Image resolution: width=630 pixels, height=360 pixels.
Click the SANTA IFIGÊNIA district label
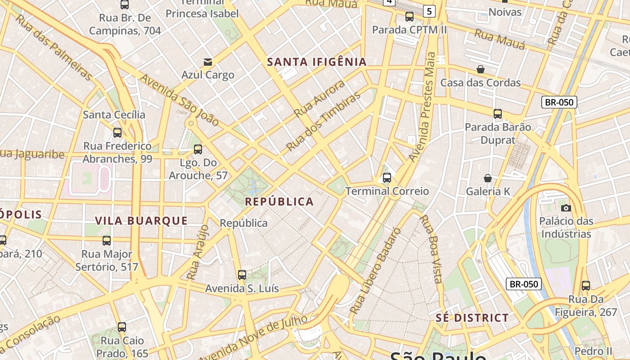(x=317, y=62)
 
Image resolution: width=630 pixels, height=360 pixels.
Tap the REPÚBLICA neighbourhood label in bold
(x=279, y=202)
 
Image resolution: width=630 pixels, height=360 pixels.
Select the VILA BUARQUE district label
(x=141, y=220)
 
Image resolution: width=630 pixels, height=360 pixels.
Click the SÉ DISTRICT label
(x=472, y=318)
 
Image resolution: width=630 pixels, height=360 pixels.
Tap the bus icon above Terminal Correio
(x=387, y=178)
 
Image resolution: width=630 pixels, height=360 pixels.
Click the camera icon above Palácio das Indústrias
(x=566, y=208)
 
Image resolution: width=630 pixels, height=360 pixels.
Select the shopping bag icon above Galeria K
(x=488, y=178)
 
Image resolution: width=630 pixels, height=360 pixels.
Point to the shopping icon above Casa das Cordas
(x=481, y=69)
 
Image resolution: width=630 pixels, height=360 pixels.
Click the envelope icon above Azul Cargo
(x=208, y=62)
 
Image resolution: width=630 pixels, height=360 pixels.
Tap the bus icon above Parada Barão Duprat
(x=498, y=114)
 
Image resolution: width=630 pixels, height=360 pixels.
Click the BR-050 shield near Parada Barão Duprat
(x=559, y=102)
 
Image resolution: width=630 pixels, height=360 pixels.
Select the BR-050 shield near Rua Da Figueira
(x=524, y=284)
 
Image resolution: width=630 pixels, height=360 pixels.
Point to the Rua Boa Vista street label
(x=431, y=248)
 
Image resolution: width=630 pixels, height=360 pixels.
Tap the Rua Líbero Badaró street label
(x=375, y=271)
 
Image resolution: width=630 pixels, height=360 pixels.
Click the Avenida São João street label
(x=179, y=100)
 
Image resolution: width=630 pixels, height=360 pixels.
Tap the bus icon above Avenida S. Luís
(x=242, y=275)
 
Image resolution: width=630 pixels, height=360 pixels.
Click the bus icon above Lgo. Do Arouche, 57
(x=198, y=149)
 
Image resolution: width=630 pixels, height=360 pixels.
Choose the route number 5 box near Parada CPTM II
(x=429, y=11)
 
